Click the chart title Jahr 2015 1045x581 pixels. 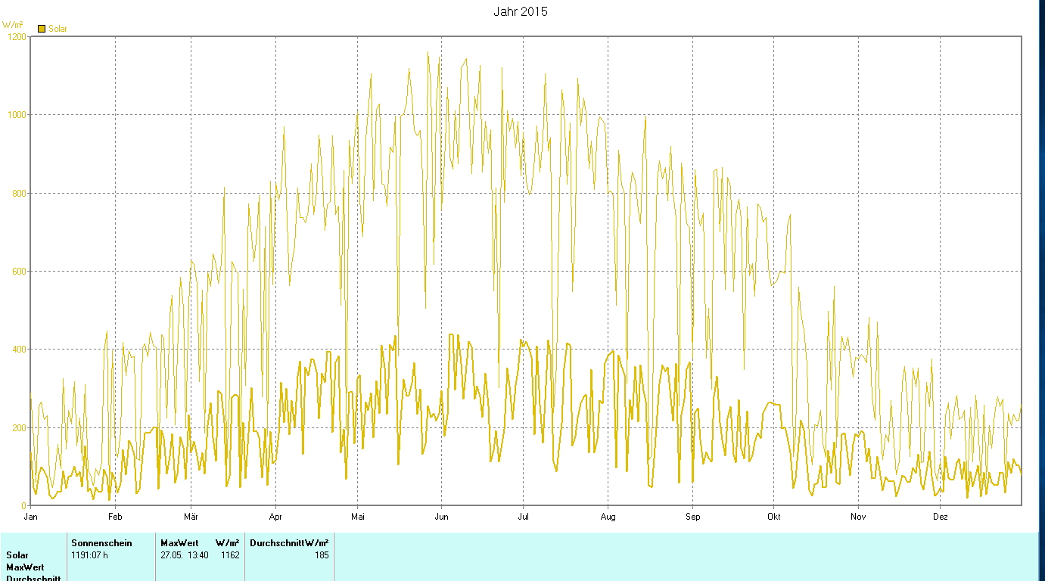[x=520, y=11]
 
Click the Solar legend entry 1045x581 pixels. [x=52, y=29]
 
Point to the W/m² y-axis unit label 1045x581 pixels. [x=12, y=25]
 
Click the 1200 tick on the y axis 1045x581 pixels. [x=16, y=36]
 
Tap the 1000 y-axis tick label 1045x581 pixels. [x=16, y=115]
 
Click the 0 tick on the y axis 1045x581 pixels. [x=24, y=505]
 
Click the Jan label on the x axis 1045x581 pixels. [x=31, y=517]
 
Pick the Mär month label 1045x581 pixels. [x=191, y=517]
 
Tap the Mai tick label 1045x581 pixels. [x=358, y=517]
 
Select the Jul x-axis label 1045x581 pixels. [x=523, y=517]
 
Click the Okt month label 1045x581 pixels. [x=773, y=517]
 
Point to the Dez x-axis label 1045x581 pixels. [x=940, y=517]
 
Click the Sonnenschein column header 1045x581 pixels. [x=101, y=543]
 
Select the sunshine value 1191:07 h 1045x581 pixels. [x=90, y=555]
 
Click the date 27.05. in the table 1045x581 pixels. [x=173, y=555]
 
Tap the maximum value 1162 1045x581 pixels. [x=230, y=555]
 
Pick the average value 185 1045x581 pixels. [x=322, y=555]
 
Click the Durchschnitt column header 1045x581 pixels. [x=277, y=543]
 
